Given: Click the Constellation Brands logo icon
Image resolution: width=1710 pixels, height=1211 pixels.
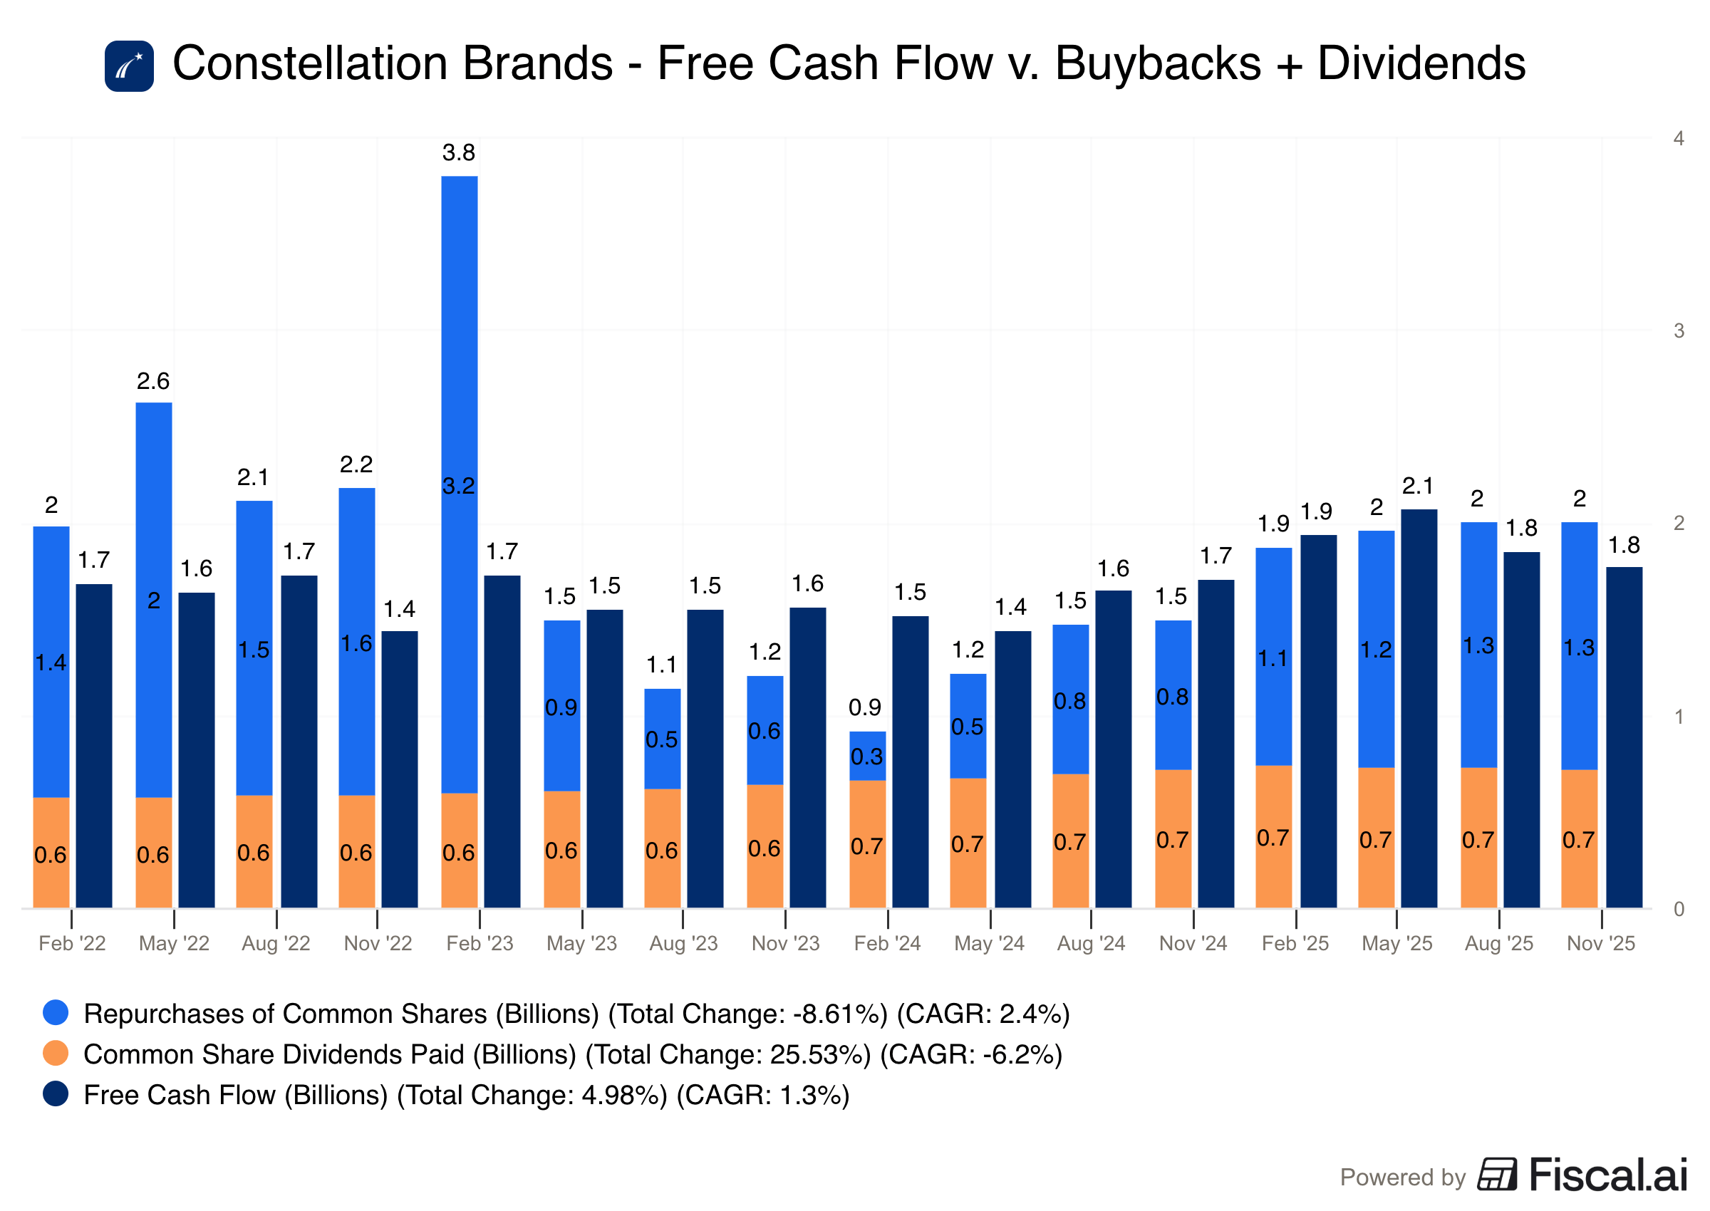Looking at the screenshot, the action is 129,66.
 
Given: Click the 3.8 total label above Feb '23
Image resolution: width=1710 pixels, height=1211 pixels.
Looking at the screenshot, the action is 458,153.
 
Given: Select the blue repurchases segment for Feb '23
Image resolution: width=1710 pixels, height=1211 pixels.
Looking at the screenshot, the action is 460,484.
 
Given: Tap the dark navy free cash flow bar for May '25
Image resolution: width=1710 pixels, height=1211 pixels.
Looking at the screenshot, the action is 1419,708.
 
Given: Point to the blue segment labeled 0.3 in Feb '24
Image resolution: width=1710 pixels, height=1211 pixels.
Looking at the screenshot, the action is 867,756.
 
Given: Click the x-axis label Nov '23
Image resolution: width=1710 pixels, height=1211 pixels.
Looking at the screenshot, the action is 785,943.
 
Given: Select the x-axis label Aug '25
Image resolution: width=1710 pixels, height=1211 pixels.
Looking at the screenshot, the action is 1499,943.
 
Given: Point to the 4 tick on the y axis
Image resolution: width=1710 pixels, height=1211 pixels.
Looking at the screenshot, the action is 1679,139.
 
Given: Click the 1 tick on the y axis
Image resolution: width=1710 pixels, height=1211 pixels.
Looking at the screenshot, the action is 1679,717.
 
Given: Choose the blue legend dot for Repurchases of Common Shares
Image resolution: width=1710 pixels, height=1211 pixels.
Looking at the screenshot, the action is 56,1013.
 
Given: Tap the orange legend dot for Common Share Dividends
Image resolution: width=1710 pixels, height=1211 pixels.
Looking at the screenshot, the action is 56,1053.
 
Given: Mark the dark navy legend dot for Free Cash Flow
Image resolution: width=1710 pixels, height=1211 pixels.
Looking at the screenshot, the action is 56,1094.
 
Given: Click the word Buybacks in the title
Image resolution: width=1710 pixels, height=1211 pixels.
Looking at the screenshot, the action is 1158,63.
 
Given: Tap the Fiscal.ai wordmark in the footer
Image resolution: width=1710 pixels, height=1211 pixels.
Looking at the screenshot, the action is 1608,1175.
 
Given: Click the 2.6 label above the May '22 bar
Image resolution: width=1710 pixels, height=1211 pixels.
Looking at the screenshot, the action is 153,381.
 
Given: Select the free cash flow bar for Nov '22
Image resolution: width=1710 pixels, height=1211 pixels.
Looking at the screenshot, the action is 400,769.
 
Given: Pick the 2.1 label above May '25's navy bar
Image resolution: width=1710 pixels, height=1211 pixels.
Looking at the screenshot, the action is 1418,487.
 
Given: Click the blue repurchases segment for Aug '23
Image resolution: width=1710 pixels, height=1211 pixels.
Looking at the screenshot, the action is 663,739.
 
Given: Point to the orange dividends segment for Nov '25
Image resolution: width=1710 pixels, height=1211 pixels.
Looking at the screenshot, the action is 1580,839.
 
